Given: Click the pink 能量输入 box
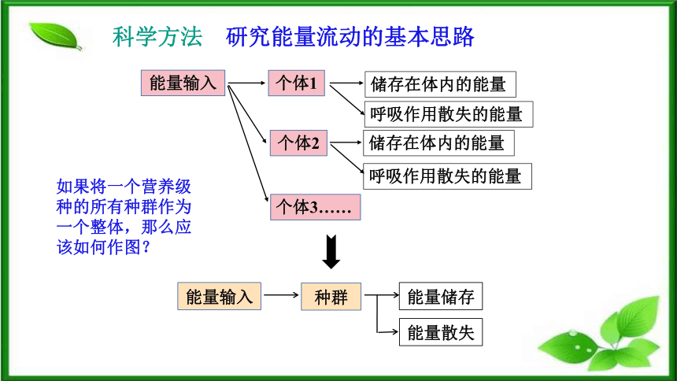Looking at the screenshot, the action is click(x=183, y=83).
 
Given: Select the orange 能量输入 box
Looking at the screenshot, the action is click(x=220, y=296).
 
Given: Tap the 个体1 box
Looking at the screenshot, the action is click(x=297, y=83).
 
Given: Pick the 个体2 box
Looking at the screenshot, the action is click(x=299, y=143).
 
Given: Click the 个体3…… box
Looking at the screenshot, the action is click(x=315, y=207).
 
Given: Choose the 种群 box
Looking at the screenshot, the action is click(x=331, y=296).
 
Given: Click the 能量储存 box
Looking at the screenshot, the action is click(x=441, y=296).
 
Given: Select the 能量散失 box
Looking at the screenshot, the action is click(x=441, y=332).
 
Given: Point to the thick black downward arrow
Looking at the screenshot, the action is click(x=331, y=252).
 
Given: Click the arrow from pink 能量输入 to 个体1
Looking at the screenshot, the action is click(x=246, y=83).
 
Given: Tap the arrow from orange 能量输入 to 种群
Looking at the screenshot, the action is click(x=281, y=295).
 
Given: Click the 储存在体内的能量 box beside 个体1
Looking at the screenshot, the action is click(x=440, y=84).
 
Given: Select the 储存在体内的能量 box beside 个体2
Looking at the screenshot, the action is click(x=438, y=143).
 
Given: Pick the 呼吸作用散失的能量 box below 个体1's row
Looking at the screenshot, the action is click(x=449, y=114).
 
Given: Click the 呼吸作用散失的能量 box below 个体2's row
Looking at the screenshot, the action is click(x=447, y=176).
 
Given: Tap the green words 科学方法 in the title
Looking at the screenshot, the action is click(x=157, y=37).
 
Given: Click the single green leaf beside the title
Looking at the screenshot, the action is click(x=55, y=36).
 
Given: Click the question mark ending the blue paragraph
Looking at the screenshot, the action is click(x=146, y=247).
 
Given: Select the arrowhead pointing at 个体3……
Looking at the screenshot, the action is click(x=266, y=198).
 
